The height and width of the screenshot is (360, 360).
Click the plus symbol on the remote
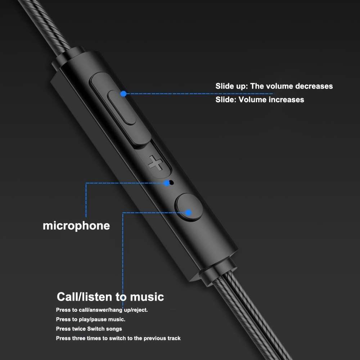point(156,163)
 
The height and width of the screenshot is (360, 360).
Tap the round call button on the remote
point(189,207)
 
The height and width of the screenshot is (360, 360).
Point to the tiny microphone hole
point(171,183)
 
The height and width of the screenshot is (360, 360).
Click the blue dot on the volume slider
point(123,94)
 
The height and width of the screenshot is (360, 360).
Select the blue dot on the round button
point(189,213)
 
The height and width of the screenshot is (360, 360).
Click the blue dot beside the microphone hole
point(167,183)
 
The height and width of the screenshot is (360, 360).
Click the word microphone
point(76,226)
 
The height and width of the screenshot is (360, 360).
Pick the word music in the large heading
point(147,297)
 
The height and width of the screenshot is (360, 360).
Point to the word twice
point(79,329)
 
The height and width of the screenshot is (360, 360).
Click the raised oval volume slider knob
point(122,107)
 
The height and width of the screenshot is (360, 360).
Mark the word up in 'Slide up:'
point(241,86)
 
